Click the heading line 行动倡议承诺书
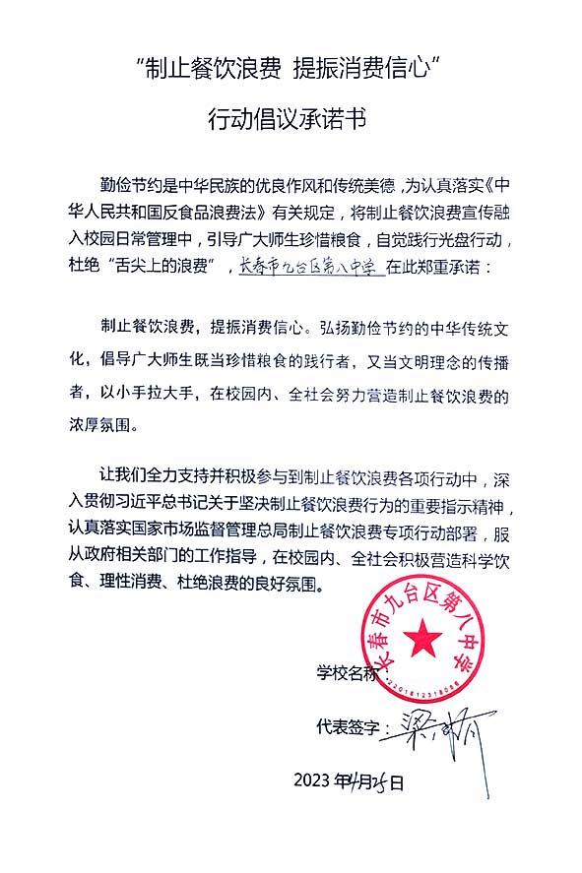point(291,120)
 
